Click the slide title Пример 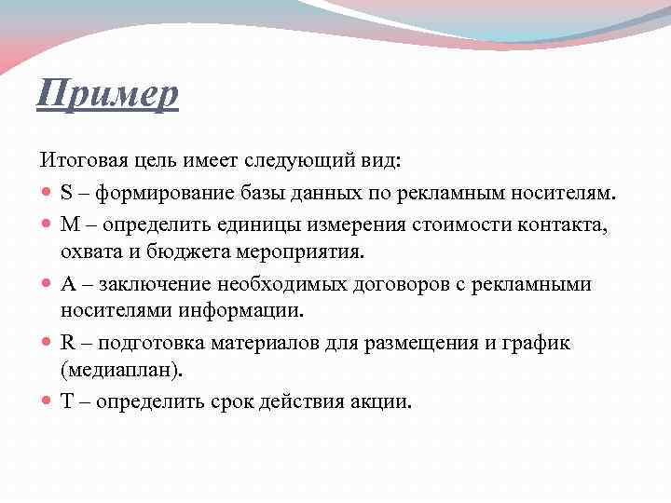[107, 94]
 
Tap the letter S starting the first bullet [66, 194]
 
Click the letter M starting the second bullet [68, 224]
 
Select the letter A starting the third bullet [67, 283]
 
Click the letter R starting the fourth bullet [67, 343]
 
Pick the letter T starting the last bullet [66, 402]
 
